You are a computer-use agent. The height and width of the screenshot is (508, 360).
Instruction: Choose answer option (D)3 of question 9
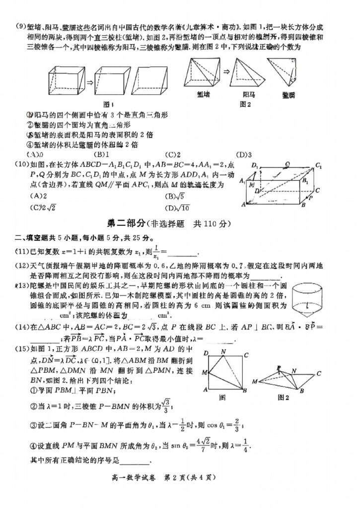(x=244, y=154)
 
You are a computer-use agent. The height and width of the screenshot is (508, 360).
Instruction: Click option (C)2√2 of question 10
(x=38, y=207)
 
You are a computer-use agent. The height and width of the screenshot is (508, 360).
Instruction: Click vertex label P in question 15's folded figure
(x=279, y=368)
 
